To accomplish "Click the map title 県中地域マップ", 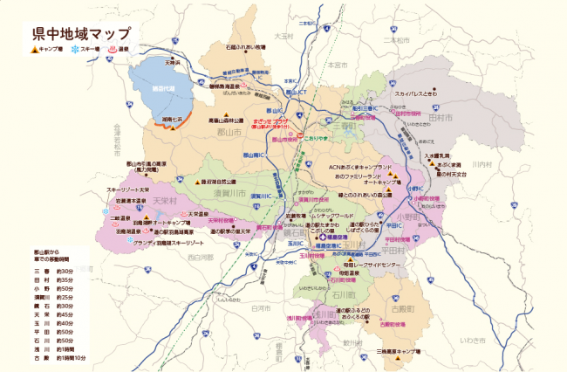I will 73,35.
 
